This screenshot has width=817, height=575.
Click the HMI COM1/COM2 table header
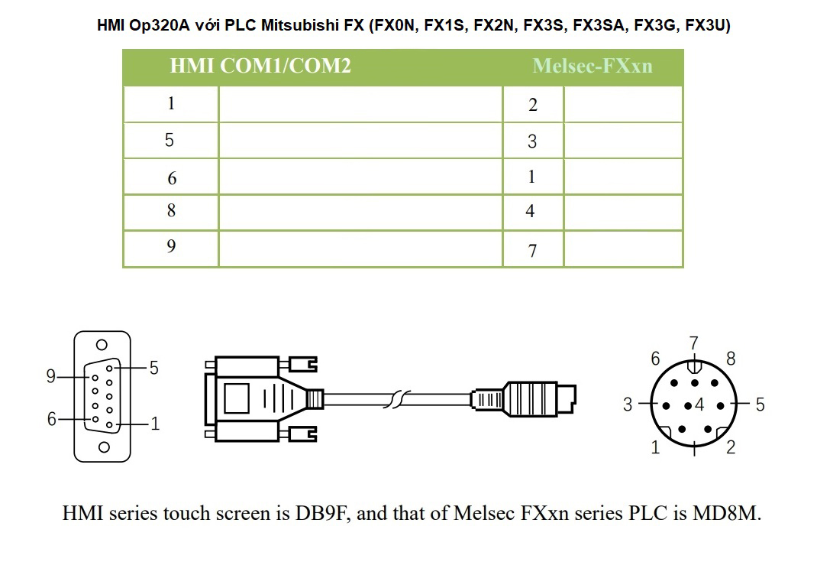tap(260, 67)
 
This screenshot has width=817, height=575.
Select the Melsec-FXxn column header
tap(593, 67)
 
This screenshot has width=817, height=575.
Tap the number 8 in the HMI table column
tap(171, 211)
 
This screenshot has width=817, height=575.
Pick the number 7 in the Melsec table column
tap(532, 251)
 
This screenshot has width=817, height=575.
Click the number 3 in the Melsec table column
tap(532, 141)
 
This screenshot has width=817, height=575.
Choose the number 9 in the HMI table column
tap(171, 246)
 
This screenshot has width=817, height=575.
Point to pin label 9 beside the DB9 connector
tap(50, 376)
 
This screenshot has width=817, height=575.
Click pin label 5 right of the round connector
tap(759, 404)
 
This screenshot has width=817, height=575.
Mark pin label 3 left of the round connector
tap(628, 404)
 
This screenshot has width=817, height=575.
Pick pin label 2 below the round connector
tap(731, 448)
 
